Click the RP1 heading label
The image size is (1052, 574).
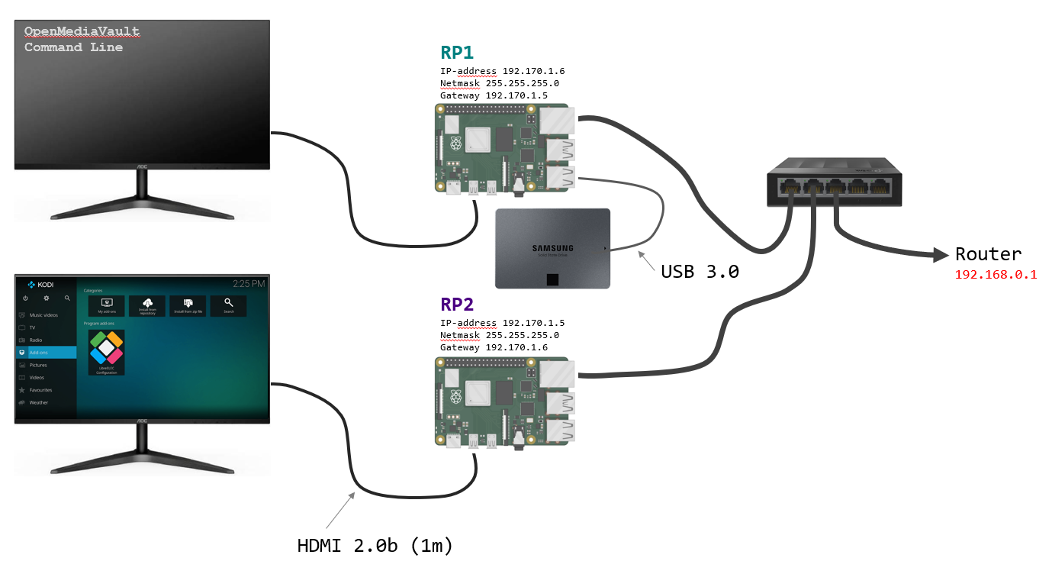(x=457, y=53)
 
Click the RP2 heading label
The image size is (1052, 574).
(x=457, y=305)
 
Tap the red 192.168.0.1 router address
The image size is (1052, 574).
(x=996, y=275)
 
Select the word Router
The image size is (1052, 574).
(x=988, y=255)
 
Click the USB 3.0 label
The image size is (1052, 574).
(x=700, y=271)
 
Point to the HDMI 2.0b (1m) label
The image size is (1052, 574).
(x=375, y=547)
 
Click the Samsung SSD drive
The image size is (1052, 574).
(x=552, y=248)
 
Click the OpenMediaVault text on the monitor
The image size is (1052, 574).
(x=82, y=32)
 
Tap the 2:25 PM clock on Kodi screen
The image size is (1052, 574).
(x=249, y=284)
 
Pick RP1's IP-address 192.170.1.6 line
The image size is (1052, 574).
(x=502, y=71)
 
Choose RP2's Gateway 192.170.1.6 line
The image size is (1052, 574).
(x=494, y=347)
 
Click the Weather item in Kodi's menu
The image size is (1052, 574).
(x=38, y=402)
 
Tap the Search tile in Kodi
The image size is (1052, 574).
(x=229, y=305)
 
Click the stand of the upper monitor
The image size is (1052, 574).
(x=142, y=196)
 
